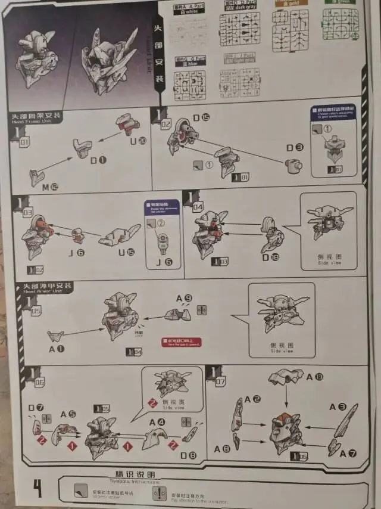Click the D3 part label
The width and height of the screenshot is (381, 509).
(x=295, y=147)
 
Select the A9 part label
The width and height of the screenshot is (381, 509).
(x=184, y=297)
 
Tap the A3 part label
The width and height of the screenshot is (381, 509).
(x=342, y=407)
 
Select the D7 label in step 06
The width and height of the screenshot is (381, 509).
(x=36, y=408)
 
